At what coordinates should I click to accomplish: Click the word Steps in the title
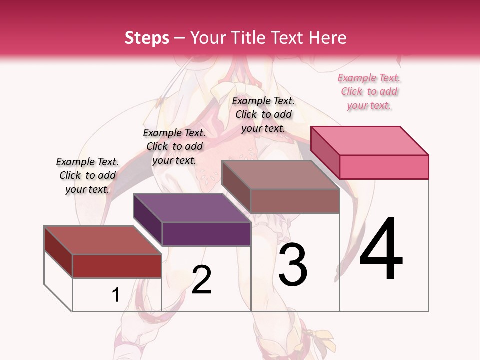tap(147, 38)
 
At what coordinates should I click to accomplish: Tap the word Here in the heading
tap(327, 38)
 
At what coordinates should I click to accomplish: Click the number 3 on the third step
tap(293, 264)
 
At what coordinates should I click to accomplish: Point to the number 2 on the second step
tap(202, 280)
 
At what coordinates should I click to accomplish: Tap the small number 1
tap(116, 295)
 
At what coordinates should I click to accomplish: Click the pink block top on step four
tap(370, 141)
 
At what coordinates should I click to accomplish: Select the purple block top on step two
tap(192, 208)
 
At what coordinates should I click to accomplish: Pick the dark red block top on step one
tap(103, 240)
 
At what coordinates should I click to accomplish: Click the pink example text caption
tap(369, 91)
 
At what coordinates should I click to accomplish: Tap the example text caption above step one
tap(87, 175)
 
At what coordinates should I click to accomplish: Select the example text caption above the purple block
tap(174, 146)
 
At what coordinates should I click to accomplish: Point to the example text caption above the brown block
tap(263, 114)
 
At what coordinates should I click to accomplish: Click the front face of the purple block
tap(206, 234)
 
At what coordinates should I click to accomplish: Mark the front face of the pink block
tap(384, 167)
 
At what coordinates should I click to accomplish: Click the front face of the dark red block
tap(117, 266)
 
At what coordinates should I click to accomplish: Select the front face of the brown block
tap(295, 201)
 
